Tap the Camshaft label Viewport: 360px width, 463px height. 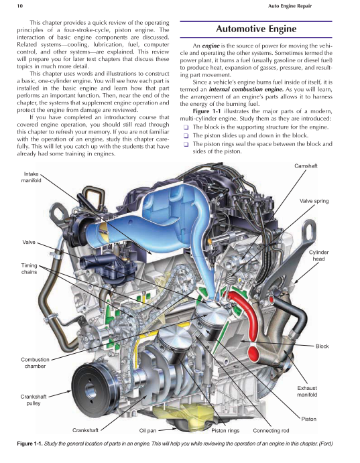(306, 165)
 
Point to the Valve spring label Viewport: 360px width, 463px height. (314, 201)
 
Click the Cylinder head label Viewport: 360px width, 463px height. (319, 255)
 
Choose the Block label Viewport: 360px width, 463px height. (322, 346)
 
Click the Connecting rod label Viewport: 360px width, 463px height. (271, 430)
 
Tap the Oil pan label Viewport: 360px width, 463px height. (147, 430)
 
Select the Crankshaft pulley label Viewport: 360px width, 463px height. (34, 401)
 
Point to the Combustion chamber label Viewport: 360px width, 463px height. (35, 363)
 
